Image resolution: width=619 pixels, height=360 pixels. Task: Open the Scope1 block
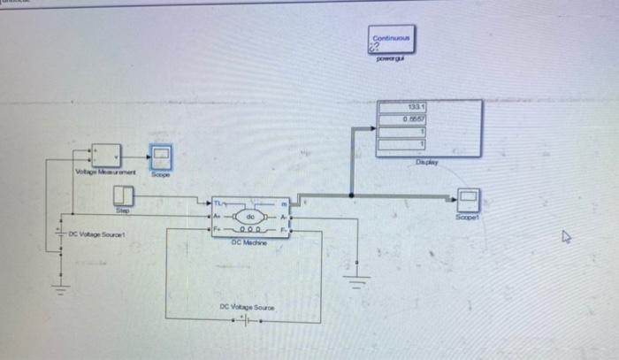(x=468, y=200)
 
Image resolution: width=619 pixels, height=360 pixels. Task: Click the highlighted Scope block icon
(x=161, y=158)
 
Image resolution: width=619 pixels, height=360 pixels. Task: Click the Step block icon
(x=124, y=195)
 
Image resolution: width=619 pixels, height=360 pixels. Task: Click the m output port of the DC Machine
(x=285, y=203)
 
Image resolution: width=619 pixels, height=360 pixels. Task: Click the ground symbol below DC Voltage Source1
(x=60, y=284)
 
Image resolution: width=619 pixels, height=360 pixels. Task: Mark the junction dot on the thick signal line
(x=352, y=195)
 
